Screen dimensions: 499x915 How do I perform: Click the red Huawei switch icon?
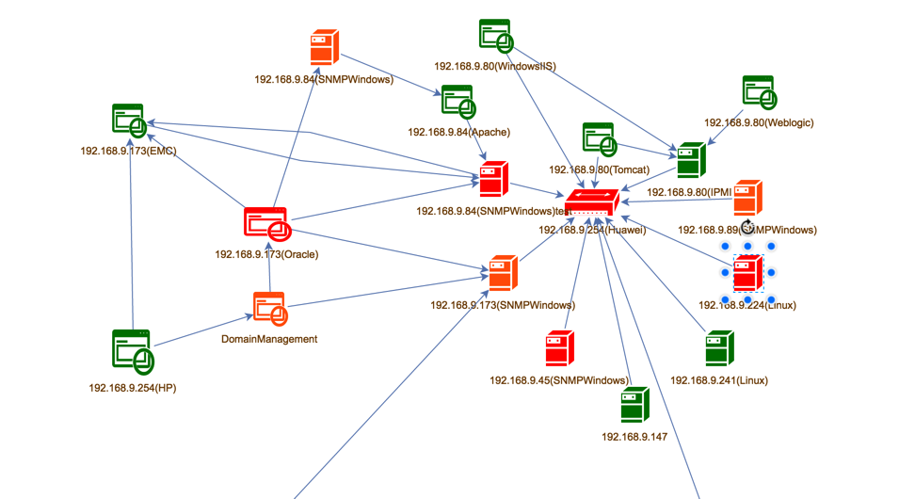tap(592, 202)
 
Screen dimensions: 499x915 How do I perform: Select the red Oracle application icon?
tap(265, 224)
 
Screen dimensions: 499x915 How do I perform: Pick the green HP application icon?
tap(132, 351)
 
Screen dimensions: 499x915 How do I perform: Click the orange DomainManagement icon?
tap(269, 309)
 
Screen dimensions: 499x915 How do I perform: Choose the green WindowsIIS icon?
tap(495, 36)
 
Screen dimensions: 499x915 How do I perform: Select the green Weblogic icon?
tap(759, 93)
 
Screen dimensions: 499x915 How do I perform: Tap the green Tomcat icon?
tap(600, 139)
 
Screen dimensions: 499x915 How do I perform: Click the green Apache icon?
tap(457, 102)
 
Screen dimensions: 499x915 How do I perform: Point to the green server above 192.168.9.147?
tap(634, 405)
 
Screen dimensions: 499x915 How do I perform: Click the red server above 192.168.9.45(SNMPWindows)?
tap(559, 348)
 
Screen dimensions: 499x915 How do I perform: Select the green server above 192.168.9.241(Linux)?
tap(719, 348)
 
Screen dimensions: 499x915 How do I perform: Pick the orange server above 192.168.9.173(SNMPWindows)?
tap(503, 273)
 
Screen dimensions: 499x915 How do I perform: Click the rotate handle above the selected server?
tap(747, 227)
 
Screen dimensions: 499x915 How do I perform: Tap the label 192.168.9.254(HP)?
tap(132, 388)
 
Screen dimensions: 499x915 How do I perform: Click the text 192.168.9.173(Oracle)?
tap(266, 254)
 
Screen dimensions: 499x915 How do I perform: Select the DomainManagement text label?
tap(269, 339)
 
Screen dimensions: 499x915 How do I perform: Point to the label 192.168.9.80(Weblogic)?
tap(759, 122)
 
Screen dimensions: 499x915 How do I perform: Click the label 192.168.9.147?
tap(634, 437)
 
